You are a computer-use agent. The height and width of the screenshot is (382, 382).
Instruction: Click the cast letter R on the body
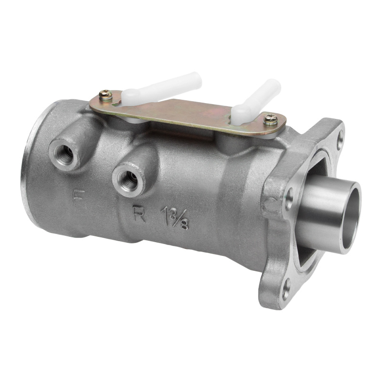(x=139, y=214)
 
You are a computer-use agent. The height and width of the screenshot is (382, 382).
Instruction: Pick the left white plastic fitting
(x=160, y=88)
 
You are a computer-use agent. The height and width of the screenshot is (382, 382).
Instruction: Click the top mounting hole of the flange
(x=340, y=140)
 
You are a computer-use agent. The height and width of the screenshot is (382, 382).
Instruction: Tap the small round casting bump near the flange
(x=271, y=204)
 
